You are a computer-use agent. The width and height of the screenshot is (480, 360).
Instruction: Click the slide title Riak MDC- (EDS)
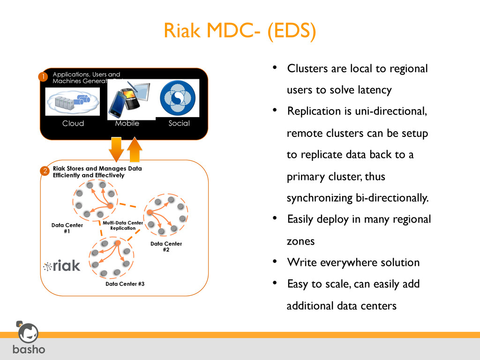pyautogui.click(x=240, y=31)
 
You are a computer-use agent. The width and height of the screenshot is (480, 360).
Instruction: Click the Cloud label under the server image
pyautogui.click(x=73, y=123)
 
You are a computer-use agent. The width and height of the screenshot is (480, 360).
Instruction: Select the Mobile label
pyautogui.click(x=127, y=123)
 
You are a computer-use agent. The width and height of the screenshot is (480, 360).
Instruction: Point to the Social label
pyautogui.click(x=179, y=123)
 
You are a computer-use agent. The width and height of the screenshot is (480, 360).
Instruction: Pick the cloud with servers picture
pyautogui.click(x=73, y=101)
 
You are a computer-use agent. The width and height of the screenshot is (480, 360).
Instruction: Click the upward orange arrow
pyautogui.click(x=135, y=150)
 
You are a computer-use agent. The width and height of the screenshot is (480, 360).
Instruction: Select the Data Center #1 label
pyautogui.click(x=67, y=228)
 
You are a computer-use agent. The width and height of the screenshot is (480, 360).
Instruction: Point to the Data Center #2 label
pyautogui.click(x=166, y=247)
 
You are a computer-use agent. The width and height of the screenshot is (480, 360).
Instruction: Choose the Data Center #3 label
pyautogui.click(x=121, y=284)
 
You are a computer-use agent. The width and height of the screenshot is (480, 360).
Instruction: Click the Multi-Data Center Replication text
pyautogui.click(x=123, y=225)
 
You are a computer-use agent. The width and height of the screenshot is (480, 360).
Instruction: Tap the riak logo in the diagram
pyautogui.click(x=62, y=266)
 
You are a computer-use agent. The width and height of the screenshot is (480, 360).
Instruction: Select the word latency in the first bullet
pyautogui.click(x=373, y=90)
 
